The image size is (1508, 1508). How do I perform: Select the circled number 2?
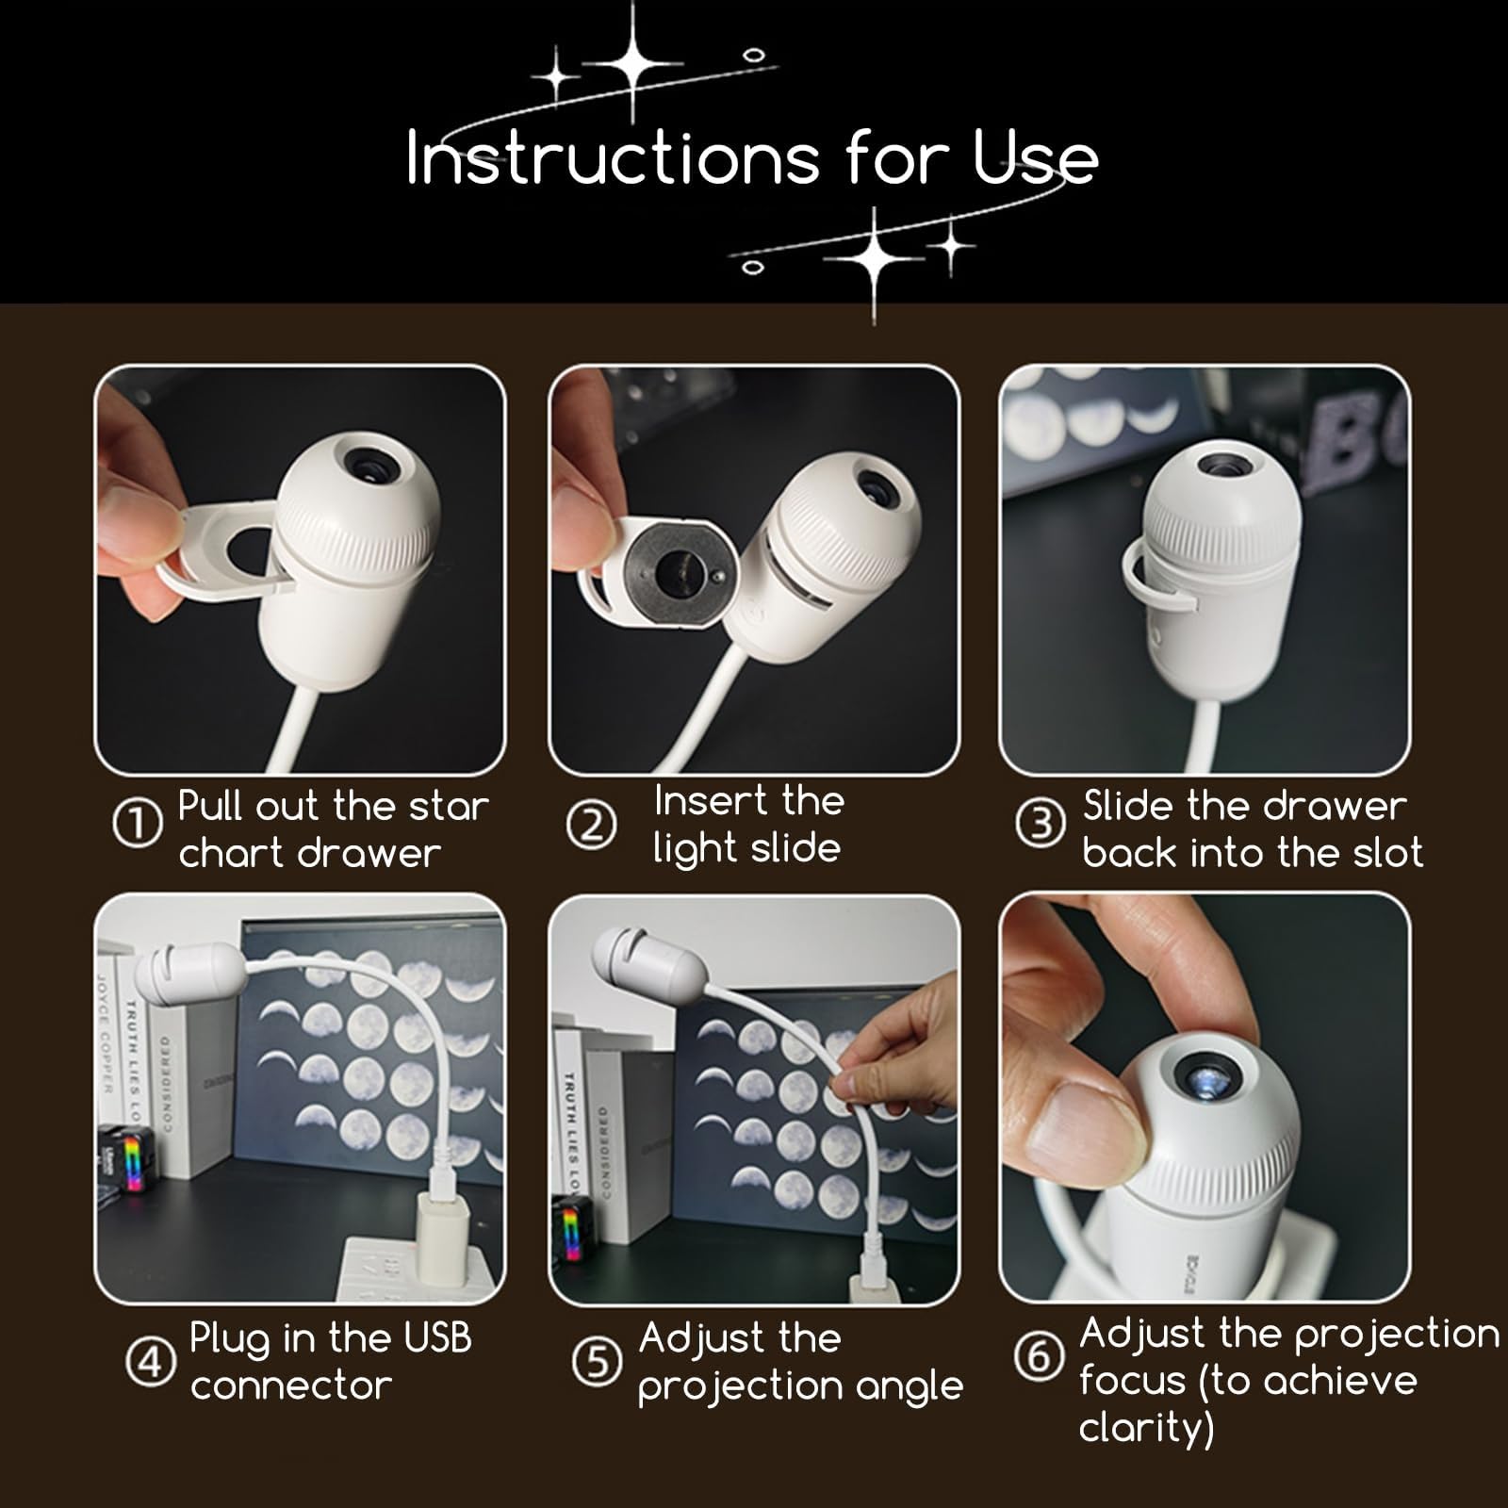[x=591, y=826]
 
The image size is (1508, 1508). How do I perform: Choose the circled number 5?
[x=598, y=1362]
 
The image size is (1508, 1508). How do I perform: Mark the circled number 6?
[x=1039, y=1356]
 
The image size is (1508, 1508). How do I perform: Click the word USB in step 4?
[x=437, y=1337]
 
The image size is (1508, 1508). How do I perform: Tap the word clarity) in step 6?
[x=1146, y=1428]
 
